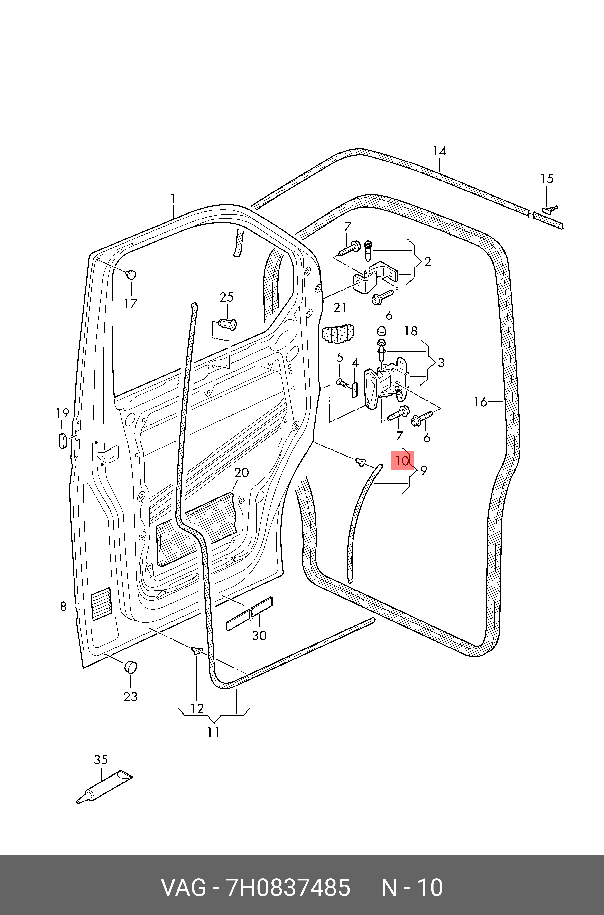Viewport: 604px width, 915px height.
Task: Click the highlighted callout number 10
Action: point(402,461)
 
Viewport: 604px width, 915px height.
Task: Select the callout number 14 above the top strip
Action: point(439,151)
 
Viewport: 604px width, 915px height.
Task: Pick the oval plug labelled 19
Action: point(62,440)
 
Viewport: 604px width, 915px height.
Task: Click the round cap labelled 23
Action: point(130,667)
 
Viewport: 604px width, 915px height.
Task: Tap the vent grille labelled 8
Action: point(101,604)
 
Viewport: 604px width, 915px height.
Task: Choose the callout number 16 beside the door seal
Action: point(480,402)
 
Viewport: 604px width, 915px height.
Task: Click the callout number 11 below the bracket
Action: point(214,732)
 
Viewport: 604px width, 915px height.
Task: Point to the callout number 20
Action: point(241,473)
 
